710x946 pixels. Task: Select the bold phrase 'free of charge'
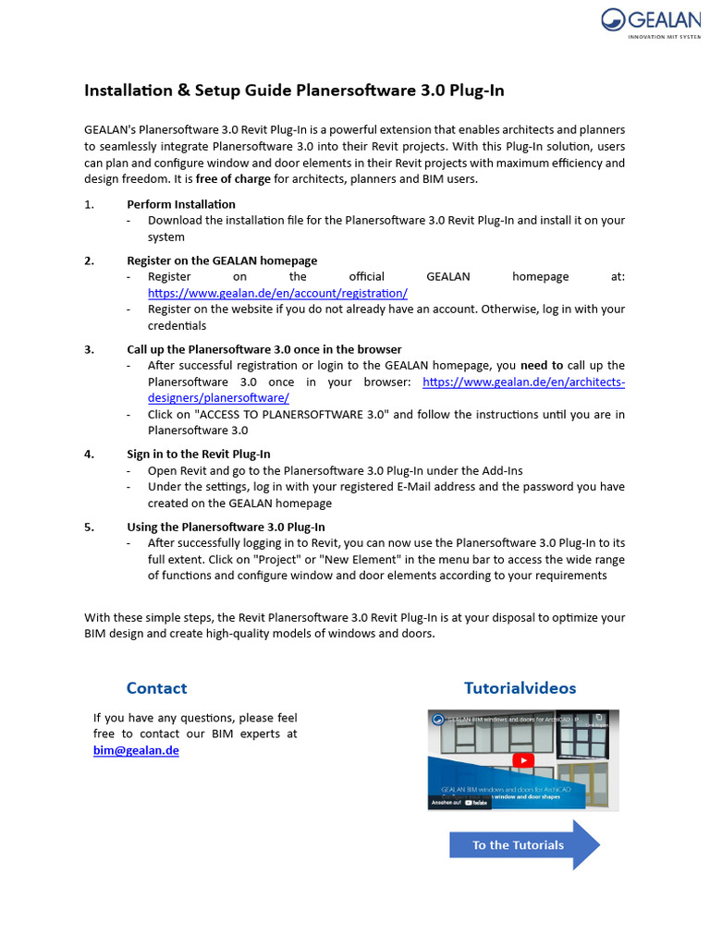pyautogui.click(x=232, y=178)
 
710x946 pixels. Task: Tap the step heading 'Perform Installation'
pyautogui.click(x=181, y=204)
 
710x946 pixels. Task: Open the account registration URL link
pyautogui.click(x=277, y=293)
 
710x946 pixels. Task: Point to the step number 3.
pyautogui.click(x=89, y=349)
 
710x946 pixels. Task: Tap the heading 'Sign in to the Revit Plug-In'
pyautogui.click(x=199, y=454)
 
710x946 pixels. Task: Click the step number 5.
pyautogui.click(x=89, y=527)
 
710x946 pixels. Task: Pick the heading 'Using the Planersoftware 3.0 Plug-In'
pyautogui.click(x=226, y=527)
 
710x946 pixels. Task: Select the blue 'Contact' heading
pyautogui.click(x=156, y=688)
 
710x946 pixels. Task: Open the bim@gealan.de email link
pyautogui.click(x=136, y=750)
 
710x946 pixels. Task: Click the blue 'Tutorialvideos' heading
pyautogui.click(x=520, y=688)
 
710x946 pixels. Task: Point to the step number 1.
pyautogui.click(x=89, y=204)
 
